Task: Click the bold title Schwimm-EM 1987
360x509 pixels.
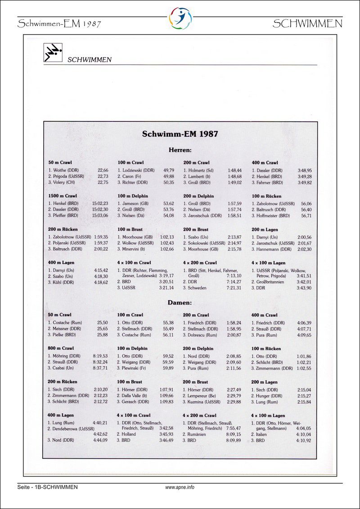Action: tap(180, 134)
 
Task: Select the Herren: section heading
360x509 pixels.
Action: tap(180, 150)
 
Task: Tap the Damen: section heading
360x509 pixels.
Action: tap(180, 303)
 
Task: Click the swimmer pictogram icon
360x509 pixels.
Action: tap(53, 53)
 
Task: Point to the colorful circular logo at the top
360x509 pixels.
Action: tap(180, 18)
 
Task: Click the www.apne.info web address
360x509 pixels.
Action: tap(180, 487)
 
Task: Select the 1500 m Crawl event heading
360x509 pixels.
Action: tap(62, 196)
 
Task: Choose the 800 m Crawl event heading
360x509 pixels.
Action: tap(61, 348)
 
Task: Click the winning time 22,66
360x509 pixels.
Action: tap(103, 170)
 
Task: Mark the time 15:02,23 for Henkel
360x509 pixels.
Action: tap(100, 204)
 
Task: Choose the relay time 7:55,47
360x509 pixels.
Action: tap(233, 429)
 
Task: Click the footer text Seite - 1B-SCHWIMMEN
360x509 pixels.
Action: tap(47, 487)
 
